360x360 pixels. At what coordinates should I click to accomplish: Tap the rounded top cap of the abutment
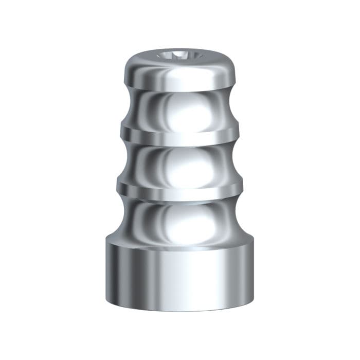pyautogui.click(x=179, y=72)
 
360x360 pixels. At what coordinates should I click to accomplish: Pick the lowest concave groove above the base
pyautogui.click(x=179, y=219)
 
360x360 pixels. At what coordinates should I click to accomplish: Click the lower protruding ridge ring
pyautogui.click(x=179, y=189)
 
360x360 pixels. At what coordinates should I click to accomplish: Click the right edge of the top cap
pyautogui.click(x=236, y=72)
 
